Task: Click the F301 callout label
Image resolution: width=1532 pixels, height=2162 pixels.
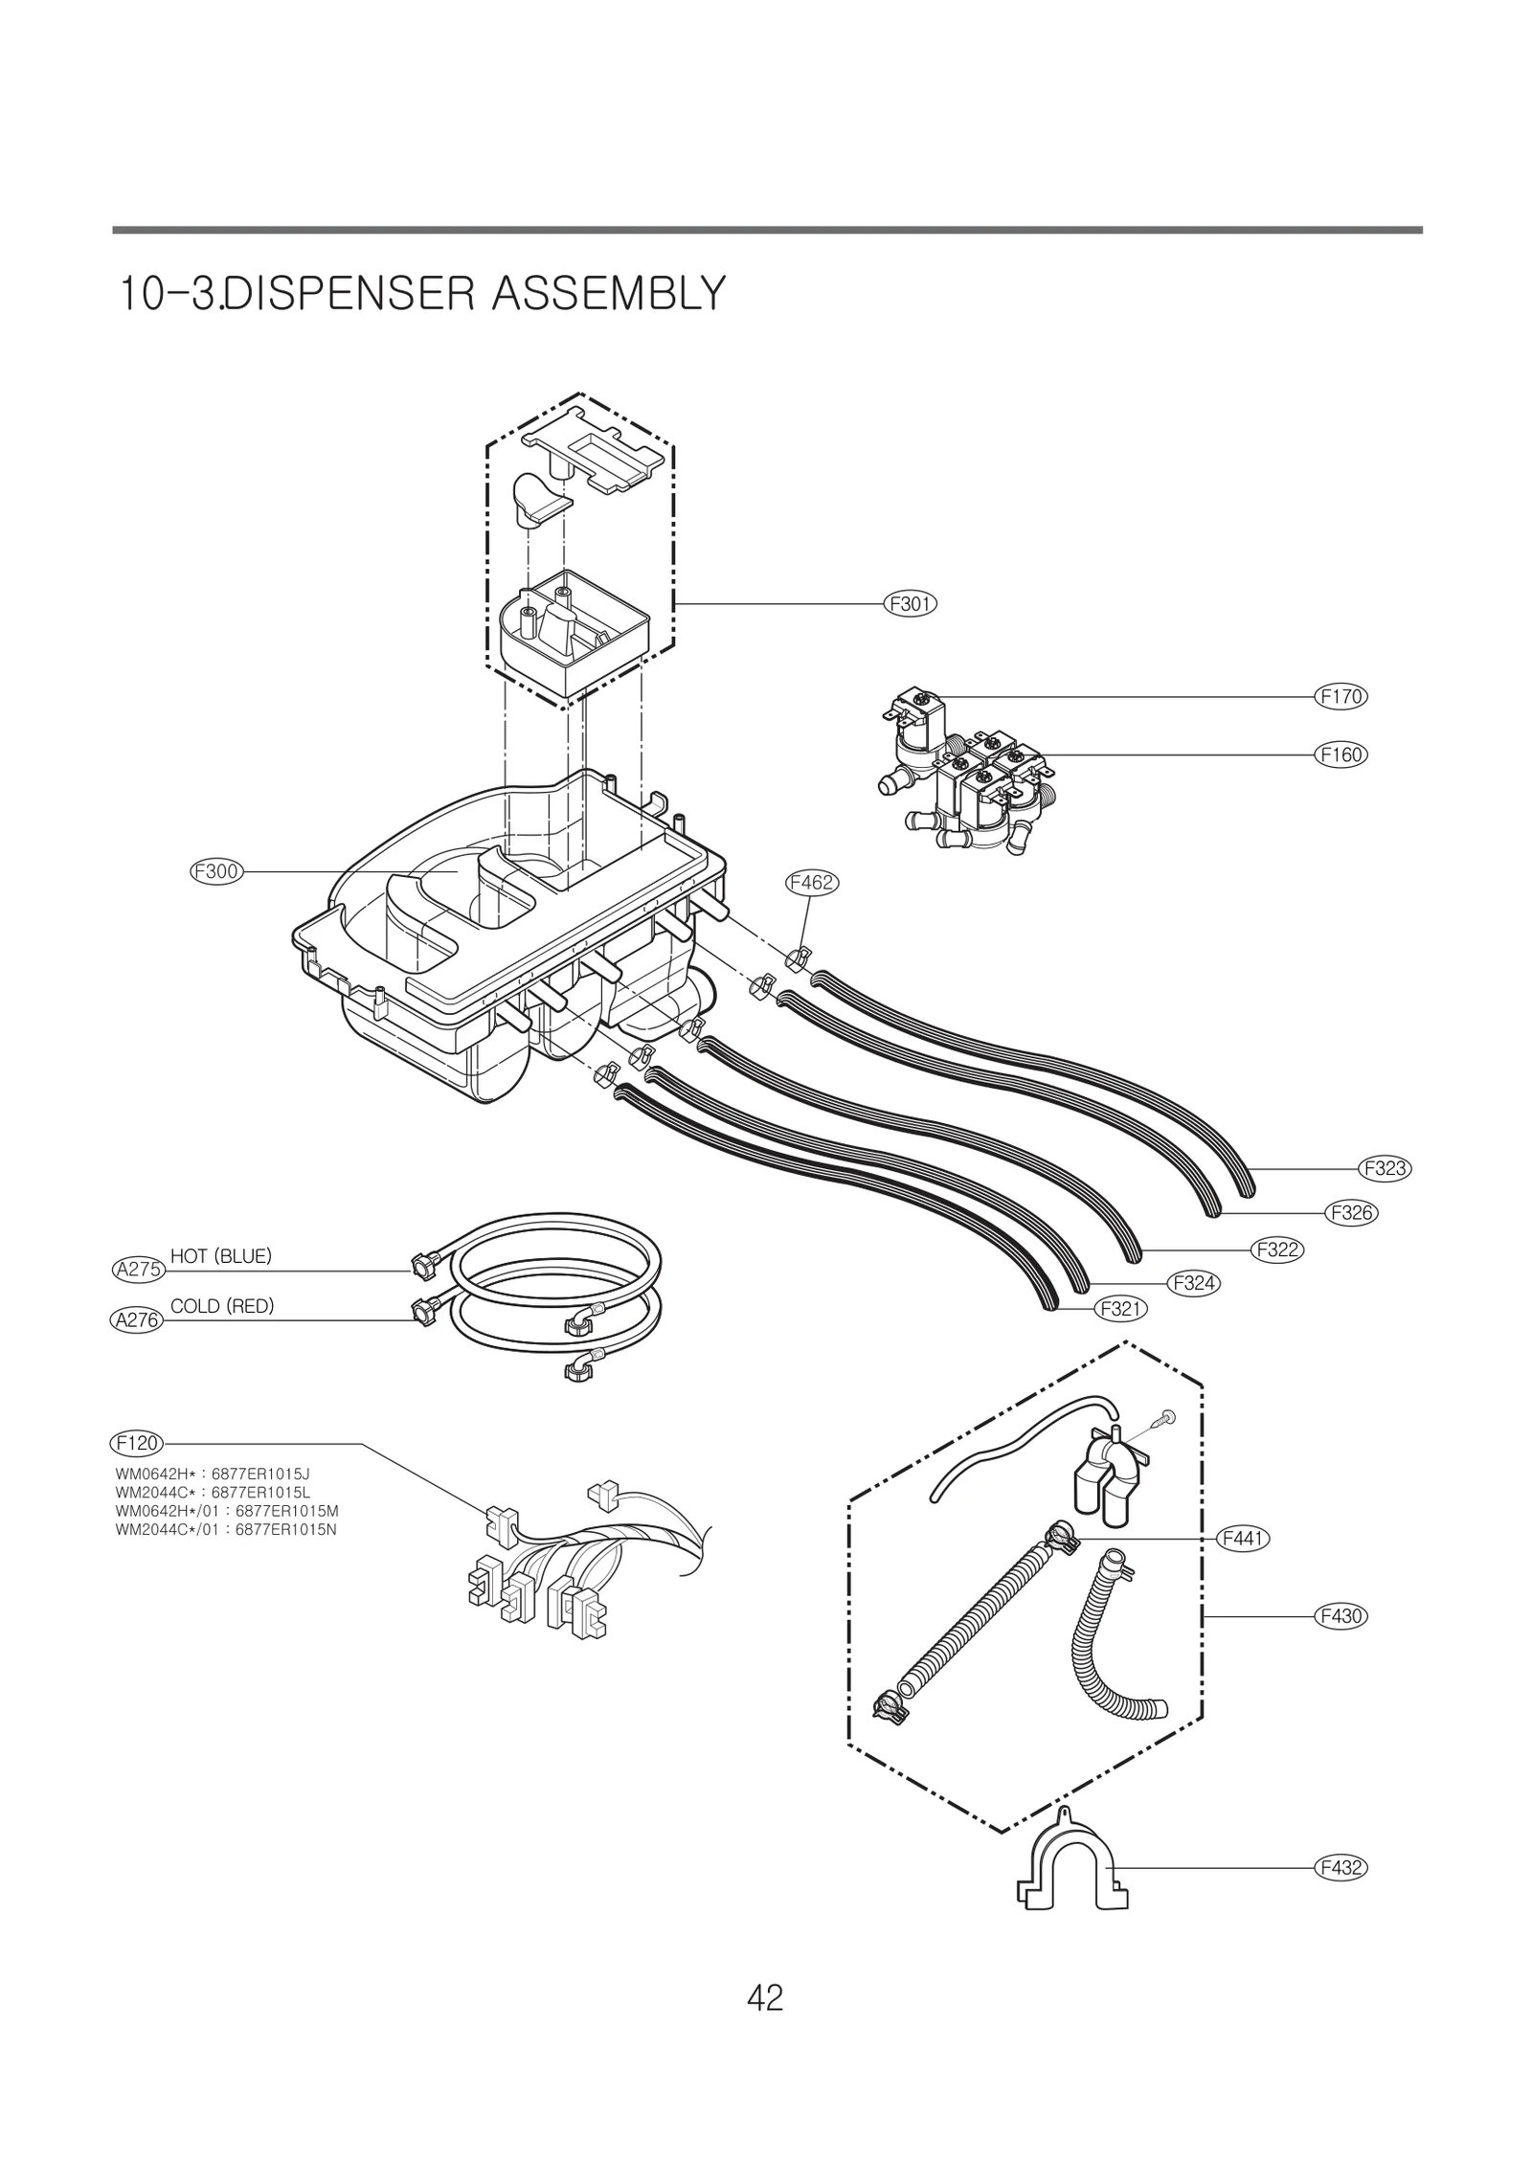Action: pos(909,604)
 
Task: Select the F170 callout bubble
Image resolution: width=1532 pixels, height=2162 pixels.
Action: pos(1340,697)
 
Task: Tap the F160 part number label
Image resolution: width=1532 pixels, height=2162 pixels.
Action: pos(1340,754)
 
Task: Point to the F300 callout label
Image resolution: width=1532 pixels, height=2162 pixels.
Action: pos(215,871)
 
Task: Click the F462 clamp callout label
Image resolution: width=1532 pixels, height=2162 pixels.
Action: pos(811,883)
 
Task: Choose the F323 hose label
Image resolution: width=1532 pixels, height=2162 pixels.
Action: pos(1385,1168)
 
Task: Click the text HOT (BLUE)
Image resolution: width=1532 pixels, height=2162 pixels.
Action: pos(221,1256)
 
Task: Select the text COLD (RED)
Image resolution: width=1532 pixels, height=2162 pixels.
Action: pos(222,1306)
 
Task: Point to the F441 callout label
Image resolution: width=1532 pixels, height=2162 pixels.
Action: pos(1242,1539)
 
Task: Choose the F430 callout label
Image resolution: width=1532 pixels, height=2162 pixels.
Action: pos(1340,1616)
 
